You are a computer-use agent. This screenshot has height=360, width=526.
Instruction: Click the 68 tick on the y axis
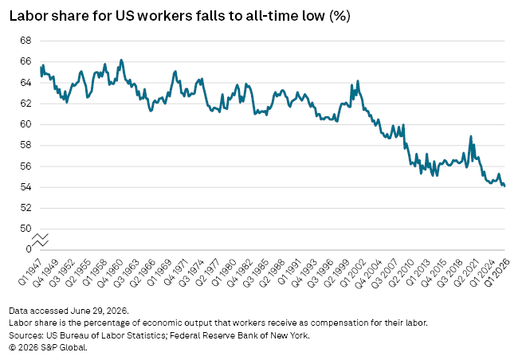[26, 41]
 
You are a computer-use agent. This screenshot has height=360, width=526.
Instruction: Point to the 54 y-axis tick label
[26, 187]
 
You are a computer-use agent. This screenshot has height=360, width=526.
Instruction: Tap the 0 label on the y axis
[29, 249]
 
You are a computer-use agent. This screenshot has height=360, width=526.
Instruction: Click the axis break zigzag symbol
[41, 240]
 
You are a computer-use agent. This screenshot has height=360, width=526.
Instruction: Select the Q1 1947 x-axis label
[30, 272]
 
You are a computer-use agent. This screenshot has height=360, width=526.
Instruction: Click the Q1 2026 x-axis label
[498, 272]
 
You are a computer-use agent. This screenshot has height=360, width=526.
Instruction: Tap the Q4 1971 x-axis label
[175, 272]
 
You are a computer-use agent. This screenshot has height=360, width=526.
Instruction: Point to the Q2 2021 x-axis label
[465, 273]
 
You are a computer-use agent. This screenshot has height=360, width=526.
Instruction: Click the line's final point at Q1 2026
[504, 186]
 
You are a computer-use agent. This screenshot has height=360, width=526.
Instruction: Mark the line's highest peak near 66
[121, 61]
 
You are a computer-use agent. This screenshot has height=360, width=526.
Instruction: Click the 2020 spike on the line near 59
[471, 136]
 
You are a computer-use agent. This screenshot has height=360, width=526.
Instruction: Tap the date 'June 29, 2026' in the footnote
[99, 311]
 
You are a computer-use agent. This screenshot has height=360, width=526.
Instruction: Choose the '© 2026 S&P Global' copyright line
[48, 347]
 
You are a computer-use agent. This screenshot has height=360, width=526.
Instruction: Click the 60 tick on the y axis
[26, 124]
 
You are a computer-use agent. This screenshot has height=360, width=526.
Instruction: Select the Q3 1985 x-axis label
[256, 273]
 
